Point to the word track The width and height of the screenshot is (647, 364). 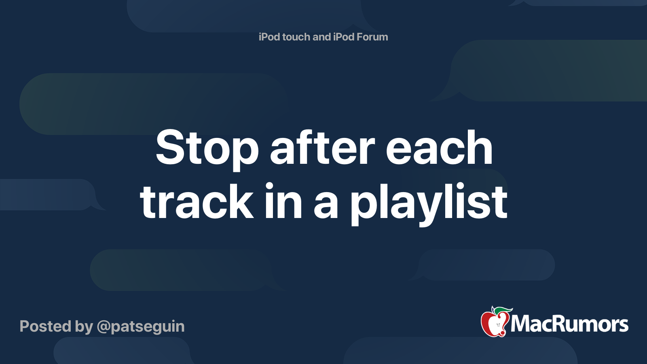pyautogui.click(x=197, y=202)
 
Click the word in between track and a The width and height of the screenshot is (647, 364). pyautogui.click(x=283, y=202)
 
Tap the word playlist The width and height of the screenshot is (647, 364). pyautogui.click(x=429, y=204)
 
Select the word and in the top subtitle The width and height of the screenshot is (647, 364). pyautogui.click(x=321, y=37)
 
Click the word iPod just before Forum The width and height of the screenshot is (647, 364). pyautogui.click(x=344, y=37)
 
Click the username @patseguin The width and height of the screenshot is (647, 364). pyautogui.click(x=141, y=327)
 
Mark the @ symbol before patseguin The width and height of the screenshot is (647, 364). pyautogui.click(x=103, y=327)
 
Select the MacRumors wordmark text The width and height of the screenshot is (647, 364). pyautogui.click(x=569, y=324)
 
